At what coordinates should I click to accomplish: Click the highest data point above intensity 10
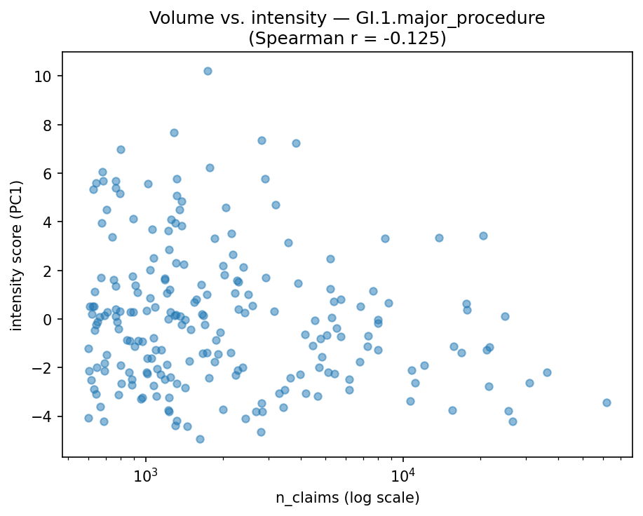click(208, 71)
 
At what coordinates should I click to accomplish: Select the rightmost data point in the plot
click(607, 402)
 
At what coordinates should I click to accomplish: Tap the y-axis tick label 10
click(48, 76)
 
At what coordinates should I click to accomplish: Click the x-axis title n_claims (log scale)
click(347, 498)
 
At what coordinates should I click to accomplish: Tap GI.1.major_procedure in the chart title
click(454, 19)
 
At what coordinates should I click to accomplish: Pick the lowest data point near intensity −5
click(200, 439)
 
